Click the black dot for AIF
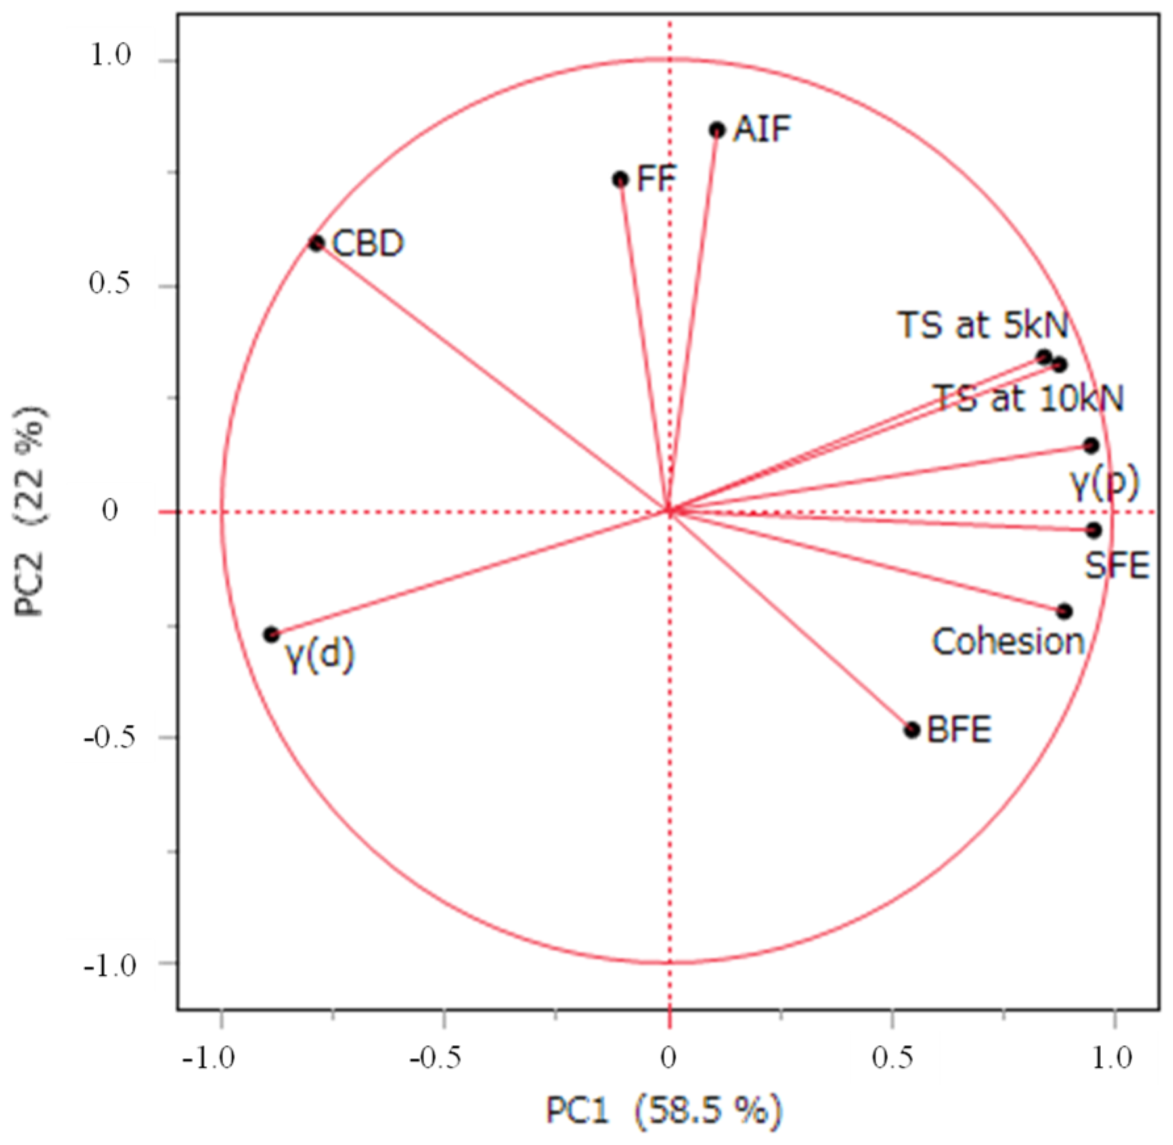coord(717,130)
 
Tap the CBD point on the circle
coord(317,244)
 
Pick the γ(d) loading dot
coord(271,634)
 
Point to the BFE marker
coord(912,729)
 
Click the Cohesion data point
coord(1065,611)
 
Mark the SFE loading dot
coord(1094,530)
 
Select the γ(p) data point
coord(1091,446)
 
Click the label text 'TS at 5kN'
coord(983,324)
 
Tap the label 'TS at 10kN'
coord(1029,398)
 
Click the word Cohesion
coord(1008,641)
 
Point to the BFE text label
coord(959,729)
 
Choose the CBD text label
coord(368,244)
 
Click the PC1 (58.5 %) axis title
coord(664,1111)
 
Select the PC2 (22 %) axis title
coord(29,511)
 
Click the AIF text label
coord(762,129)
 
